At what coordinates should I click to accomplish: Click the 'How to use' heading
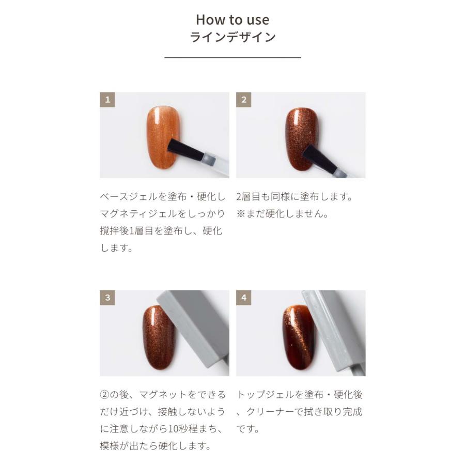[233, 20]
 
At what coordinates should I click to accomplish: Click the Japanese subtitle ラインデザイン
[233, 37]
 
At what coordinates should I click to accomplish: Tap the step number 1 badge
[107, 100]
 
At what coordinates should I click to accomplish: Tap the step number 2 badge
[244, 100]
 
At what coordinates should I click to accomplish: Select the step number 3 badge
[107, 298]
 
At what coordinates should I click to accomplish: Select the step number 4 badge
[244, 298]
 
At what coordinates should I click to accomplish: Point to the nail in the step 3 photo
[158, 336]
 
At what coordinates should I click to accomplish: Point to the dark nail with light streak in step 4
[298, 336]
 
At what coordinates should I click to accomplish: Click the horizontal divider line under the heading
[233, 58]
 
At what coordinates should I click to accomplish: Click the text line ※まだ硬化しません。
[283, 214]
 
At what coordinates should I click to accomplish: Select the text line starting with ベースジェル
[163, 197]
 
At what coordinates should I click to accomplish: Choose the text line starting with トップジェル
[300, 395]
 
